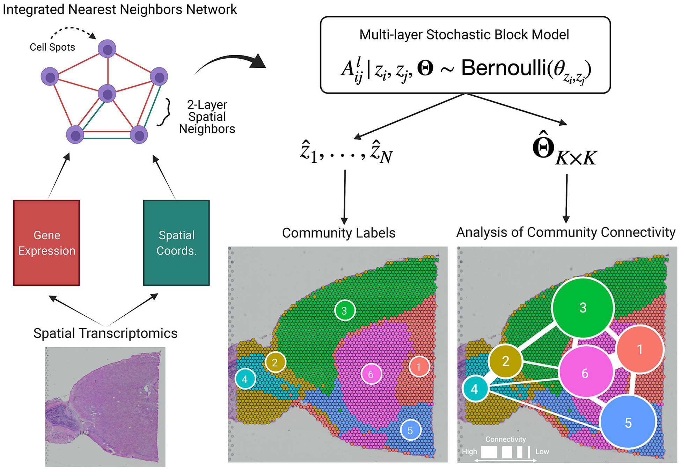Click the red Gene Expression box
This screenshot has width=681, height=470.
tap(46, 243)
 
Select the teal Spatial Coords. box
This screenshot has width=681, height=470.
tap(176, 243)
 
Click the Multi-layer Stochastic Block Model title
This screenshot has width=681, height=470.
tap(464, 35)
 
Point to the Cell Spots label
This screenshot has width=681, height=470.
tap(52, 47)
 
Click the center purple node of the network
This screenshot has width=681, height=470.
tap(107, 94)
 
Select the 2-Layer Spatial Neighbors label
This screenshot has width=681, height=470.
tap(207, 117)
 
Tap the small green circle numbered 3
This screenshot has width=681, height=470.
tap(345, 310)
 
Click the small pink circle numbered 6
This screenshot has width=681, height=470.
tap(371, 374)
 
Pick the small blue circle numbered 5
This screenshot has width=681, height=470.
tap(410, 430)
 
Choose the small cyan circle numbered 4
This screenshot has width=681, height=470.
tap(245, 379)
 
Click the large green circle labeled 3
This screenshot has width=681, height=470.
tap(583, 308)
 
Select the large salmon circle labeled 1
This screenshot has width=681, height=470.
tap(640, 349)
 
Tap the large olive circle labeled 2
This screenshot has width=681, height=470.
tap(505, 361)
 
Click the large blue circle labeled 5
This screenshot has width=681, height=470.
tap(628, 423)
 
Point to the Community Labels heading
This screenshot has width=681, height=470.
tap(339, 233)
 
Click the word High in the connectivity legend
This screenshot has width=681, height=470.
tap(469, 451)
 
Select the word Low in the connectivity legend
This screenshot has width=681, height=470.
tap(542, 451)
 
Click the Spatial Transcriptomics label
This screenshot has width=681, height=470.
tap(105, 333)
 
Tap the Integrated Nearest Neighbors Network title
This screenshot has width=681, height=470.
tap(120, 9)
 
